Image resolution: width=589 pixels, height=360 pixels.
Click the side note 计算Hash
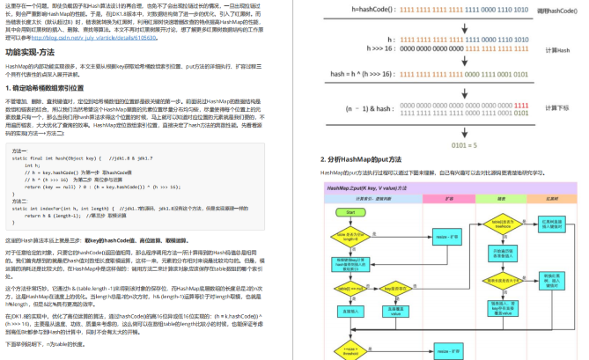pyautogui.click(x=558, y=51)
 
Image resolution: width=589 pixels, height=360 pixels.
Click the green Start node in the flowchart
pyautogui.click(x=350, y=213)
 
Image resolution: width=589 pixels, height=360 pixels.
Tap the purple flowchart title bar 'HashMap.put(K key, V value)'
pyautogui.click(x=371, y=188)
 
